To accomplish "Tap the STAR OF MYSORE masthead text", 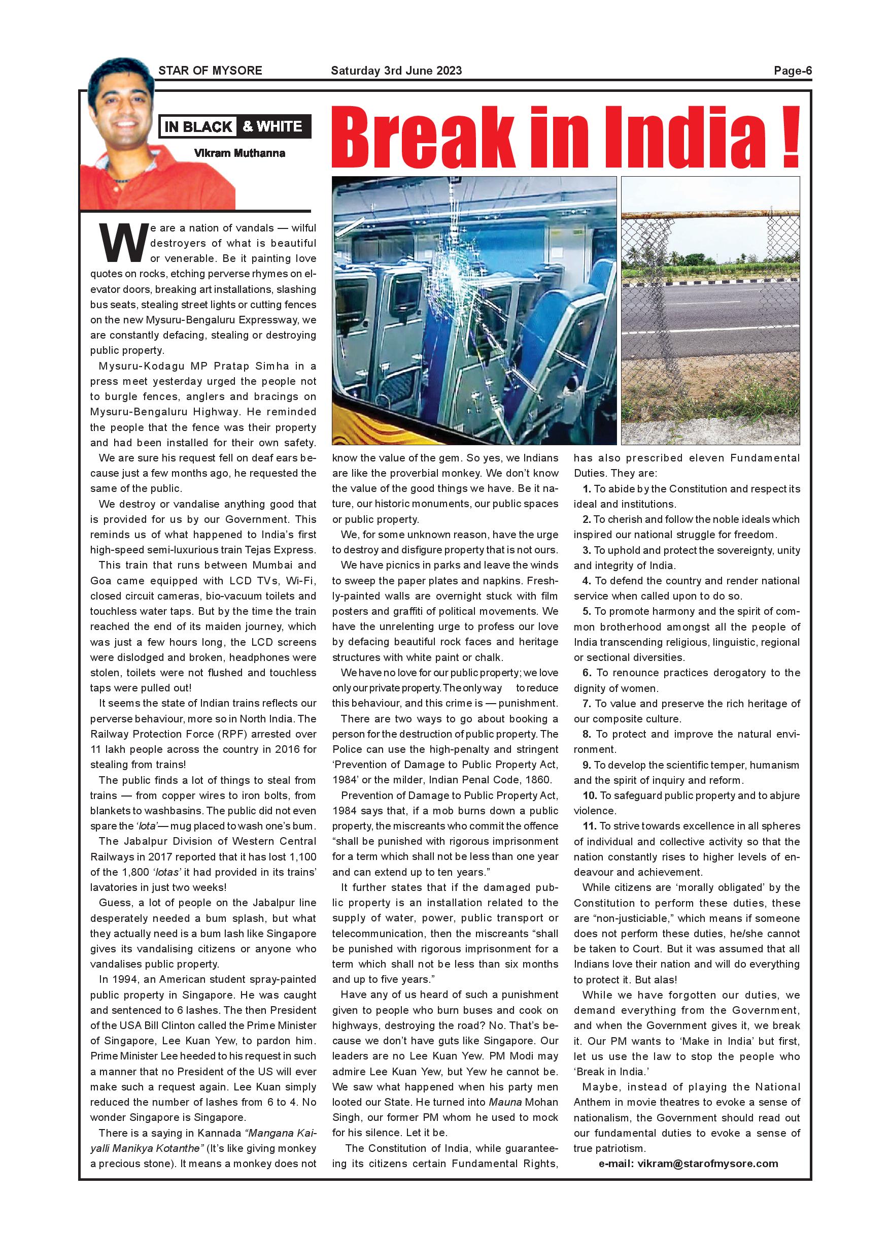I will point(210,71).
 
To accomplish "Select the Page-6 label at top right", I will point(793,71).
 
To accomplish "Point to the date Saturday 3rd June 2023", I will point(396,71).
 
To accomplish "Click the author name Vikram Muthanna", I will point(239,153).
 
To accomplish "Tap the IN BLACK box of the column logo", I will point(198,127).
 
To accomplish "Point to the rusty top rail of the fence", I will point(710,214).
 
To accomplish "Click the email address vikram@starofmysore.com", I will point(707,1164).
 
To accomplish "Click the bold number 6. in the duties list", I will point(587,673).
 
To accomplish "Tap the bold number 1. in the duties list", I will point(587,488).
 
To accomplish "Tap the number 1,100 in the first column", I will point(301,856).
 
